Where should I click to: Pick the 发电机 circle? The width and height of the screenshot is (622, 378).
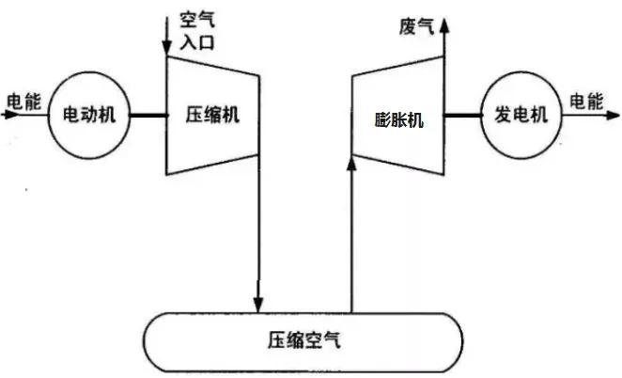[x=521, y=116]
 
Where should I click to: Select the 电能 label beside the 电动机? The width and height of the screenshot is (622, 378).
[x=23, y=102]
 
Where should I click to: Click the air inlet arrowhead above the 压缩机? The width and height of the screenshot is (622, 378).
[x=167, y=47]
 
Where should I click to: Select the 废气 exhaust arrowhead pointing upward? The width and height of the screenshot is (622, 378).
[x=443, y=21]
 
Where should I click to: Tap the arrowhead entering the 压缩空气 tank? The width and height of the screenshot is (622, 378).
[x=258, y=301]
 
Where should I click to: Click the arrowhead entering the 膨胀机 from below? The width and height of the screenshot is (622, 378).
[x=352, y=164]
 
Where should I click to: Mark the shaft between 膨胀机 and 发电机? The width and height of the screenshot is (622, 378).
[x=461, y=116]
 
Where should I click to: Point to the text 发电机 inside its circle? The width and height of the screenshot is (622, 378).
[x=521, y=116]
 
